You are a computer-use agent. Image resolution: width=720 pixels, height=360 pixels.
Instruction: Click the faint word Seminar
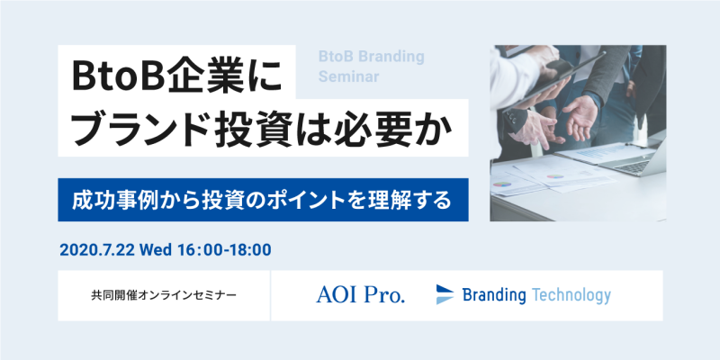pos(349,76)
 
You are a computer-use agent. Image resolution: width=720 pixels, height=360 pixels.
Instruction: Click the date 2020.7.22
pos(97,250)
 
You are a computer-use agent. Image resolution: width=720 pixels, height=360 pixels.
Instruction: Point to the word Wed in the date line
pos(155,250)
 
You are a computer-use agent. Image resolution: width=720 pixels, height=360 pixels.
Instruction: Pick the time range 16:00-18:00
pos(224,250)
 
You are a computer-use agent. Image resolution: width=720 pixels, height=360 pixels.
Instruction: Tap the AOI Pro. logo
pos(361,295)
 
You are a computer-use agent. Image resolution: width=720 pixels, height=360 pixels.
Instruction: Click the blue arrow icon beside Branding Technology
pos(445,294)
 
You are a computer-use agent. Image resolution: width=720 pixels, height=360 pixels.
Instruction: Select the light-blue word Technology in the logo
pos(571,295)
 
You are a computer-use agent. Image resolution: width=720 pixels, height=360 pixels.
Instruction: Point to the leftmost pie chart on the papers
pos(502,184)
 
